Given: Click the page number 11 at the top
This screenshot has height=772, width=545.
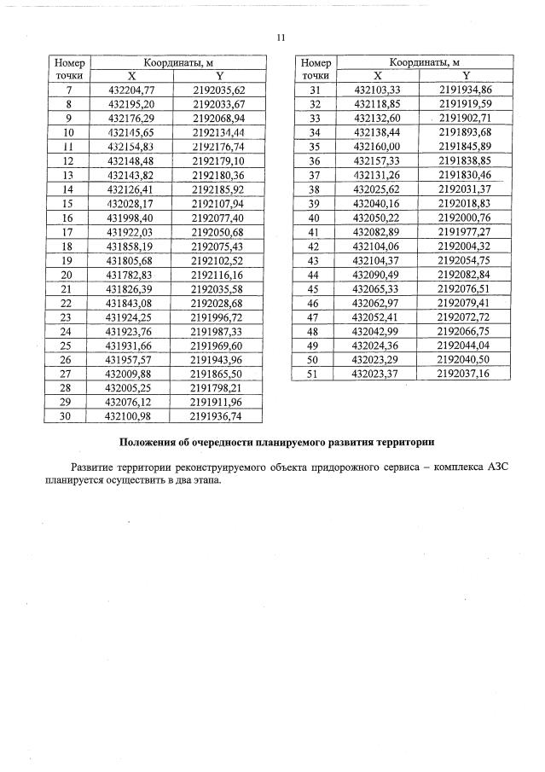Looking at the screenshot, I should [x=281, y=37].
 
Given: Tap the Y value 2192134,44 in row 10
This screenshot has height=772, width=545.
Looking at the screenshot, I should [x=218, y=132].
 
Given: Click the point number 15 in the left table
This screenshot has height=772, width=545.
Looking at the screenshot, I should [x=68, y=204].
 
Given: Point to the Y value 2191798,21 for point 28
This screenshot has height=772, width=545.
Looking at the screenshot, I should [x=218, y=387].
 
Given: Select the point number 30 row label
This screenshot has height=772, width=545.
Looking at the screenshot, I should [x=68, y=415].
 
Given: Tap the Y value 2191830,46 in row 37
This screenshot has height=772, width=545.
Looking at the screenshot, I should [x=465, y=175].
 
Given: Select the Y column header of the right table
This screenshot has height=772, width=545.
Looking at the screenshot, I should [x=465, y=76].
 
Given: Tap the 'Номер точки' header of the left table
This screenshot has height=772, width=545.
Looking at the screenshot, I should [x=68, y=69].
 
